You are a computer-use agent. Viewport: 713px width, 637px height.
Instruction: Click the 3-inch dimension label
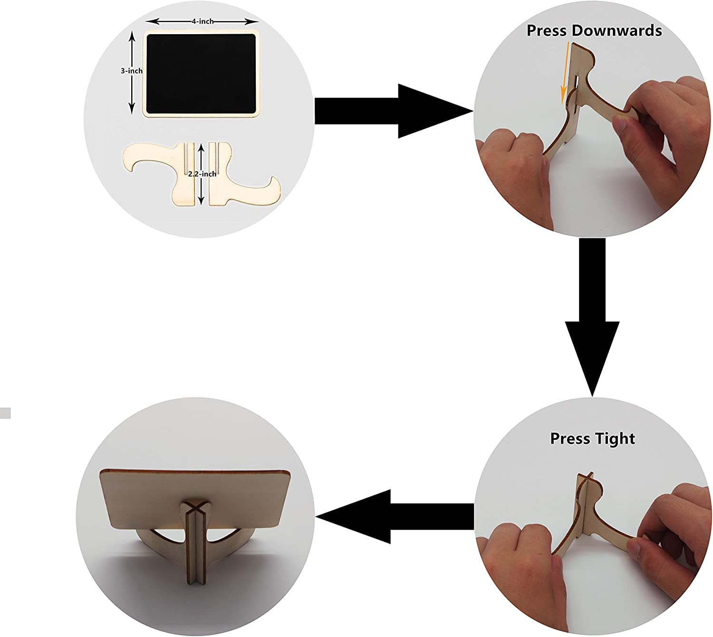pyautogui.click(x=131, y=71)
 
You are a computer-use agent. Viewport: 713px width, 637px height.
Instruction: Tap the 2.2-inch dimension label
pyautogui.click(x=202, y=174)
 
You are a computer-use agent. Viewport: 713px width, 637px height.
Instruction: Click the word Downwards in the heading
pyautogui.click(x=617, y=31)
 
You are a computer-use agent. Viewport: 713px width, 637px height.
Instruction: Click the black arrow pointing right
pyautogui.click(x=390, y=111)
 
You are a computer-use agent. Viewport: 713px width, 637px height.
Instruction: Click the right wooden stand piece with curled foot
pyautogui.click(x=242, y=183)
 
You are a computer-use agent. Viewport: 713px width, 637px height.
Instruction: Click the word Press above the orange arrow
pyautogui.click(x=547, y=31)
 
